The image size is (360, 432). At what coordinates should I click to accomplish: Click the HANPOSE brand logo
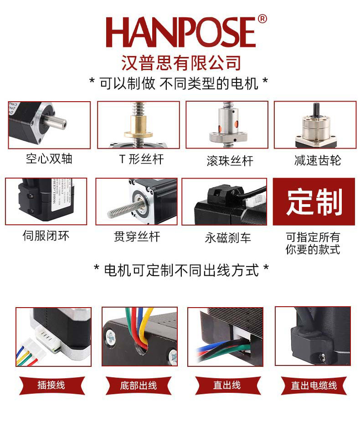pos(180,33)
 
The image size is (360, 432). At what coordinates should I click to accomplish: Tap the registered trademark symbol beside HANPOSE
pos(262,19)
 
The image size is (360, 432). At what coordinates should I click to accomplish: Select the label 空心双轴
pos(49,159)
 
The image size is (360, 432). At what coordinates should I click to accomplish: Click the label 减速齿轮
pos(317,160)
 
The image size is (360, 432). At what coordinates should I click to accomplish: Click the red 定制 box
pos(314,202)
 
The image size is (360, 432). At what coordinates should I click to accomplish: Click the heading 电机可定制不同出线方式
pos(181,270)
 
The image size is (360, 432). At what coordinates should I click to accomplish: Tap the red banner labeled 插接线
pos(51,385)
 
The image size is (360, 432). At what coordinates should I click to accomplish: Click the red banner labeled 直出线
pos(226,385)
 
